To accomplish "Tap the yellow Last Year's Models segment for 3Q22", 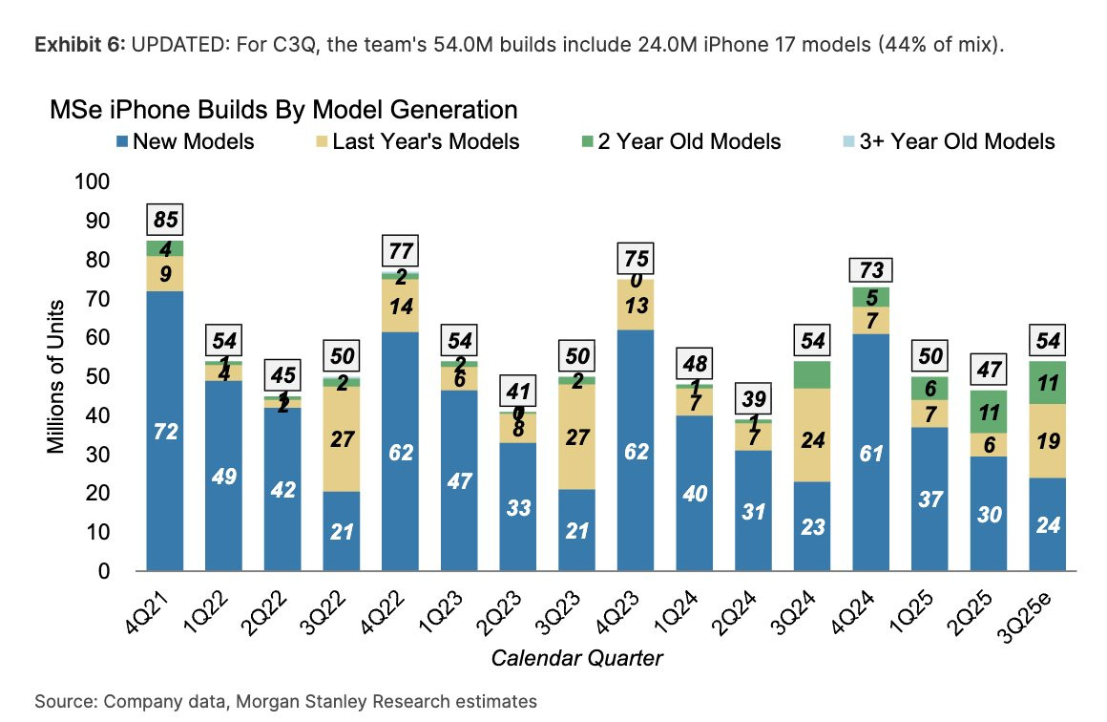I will pos(341,439).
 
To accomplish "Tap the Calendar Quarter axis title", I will pos(576,658).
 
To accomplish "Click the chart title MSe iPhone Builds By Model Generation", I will pos(283,109).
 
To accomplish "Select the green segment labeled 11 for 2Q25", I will pos(990,412).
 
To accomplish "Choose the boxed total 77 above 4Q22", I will pos(400,251).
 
